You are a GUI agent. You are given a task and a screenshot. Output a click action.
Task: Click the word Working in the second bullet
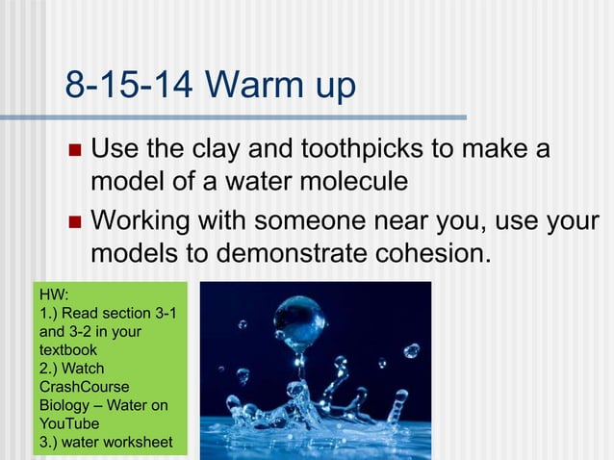pyautogui.click(x=147, y=222)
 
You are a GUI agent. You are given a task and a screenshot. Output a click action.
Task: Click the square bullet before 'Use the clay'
pyautogui.click(x=75, y=152)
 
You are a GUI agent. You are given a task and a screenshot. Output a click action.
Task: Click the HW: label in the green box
pyautogui.click(x=55, y=294)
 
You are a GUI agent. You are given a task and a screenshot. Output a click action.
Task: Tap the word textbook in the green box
pyautogui.click(x=68, y=349)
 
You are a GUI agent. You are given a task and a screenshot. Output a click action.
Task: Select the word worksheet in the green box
pyautogui.click(x=138, y=442)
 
